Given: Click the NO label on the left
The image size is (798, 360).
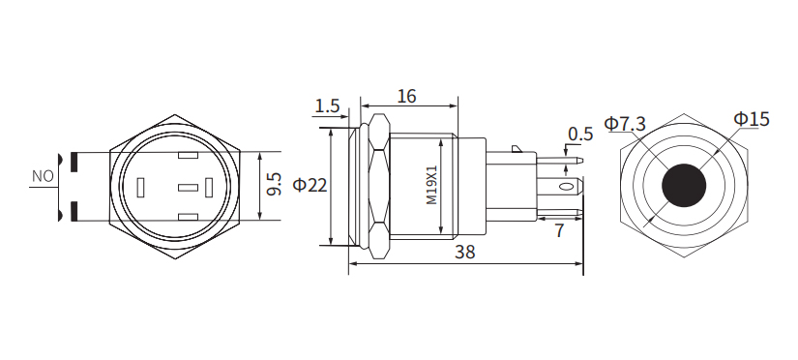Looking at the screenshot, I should tap(43, 177).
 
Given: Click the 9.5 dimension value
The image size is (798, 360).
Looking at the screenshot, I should tap(274, 184).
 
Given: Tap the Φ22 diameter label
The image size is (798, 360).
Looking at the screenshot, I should tap(310, 184).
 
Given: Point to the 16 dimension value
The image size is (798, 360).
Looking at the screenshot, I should tap(406, 97).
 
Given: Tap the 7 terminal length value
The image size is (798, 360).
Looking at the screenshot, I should tap(559, 230).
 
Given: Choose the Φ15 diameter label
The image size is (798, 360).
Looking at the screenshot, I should tap(751, 119).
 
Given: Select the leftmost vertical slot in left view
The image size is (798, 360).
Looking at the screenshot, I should tap(141, 185).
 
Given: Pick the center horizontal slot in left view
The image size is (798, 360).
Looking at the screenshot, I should tap(189, 185).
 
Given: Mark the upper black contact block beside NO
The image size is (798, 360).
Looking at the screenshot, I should tap(72, 161).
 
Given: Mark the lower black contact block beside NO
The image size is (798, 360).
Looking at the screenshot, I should tap(72, 210).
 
